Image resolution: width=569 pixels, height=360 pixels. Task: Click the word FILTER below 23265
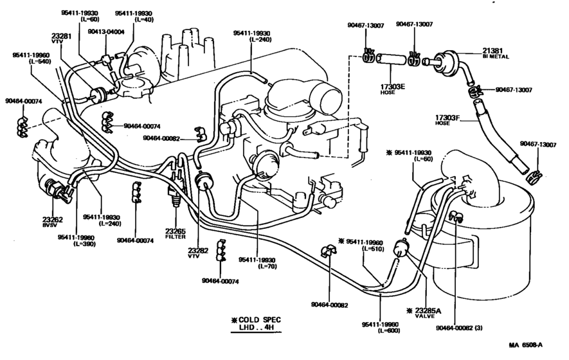[x=176, y=237]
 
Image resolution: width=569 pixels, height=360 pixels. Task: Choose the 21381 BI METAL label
[x=496, y=51]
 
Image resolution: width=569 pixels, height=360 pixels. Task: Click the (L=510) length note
[x=373, y=248]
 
